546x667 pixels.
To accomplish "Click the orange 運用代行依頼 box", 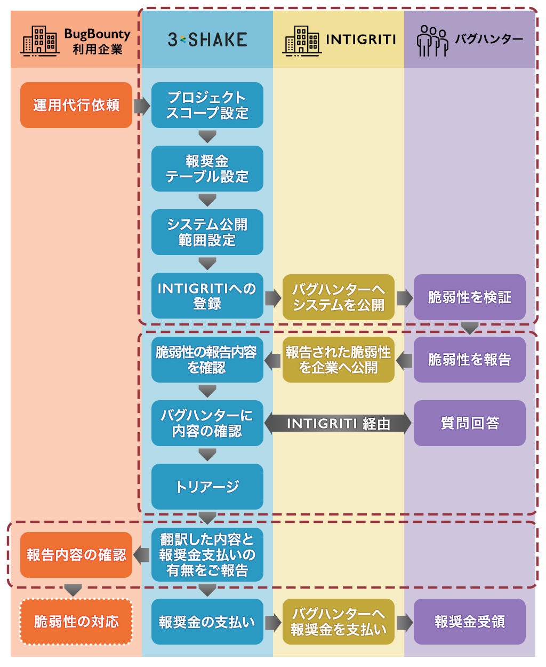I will pos(76,105).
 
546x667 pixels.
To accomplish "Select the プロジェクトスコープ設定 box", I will pos(207,105).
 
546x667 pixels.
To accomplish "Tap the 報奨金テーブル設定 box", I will pos(207,169).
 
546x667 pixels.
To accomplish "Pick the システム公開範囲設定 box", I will pos(207,232).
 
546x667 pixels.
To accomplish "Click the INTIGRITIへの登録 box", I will pos(207,296).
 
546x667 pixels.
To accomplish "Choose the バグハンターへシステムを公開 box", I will pos(338,297).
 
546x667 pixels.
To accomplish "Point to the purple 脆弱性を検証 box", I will pos(469,297).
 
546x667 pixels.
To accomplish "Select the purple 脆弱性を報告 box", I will pos(469,360).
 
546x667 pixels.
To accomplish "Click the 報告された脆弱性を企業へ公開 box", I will pos(338,360).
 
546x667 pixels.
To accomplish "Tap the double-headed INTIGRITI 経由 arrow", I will pos(338,424).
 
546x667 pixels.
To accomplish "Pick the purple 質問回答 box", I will pos(469,423).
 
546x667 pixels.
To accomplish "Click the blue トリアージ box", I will pos(207,486).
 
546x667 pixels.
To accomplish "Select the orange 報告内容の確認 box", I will pos(76,555).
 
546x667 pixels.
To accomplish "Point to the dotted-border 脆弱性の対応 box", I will pos(76,622).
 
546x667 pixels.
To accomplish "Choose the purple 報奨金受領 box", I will pos(469,622).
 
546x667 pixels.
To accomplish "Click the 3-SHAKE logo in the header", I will pos(207,39).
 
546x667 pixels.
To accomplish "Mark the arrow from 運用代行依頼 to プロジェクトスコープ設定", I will pos(141,106).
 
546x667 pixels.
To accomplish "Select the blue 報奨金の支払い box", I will pos(207,622).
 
